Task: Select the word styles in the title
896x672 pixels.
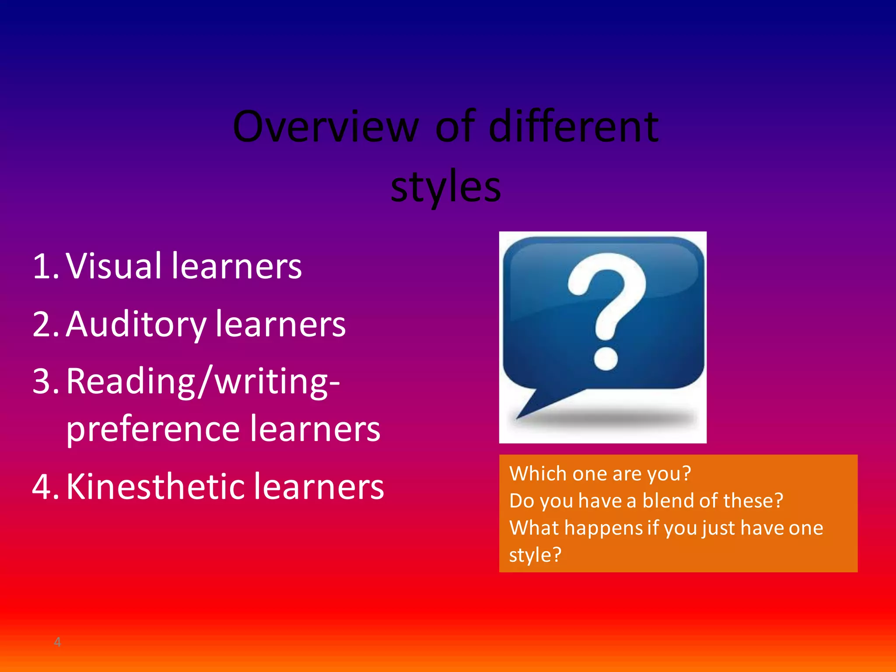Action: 445,187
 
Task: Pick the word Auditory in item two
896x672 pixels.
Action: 136,325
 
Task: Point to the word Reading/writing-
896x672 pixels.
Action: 203,381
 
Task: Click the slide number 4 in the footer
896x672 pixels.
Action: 57,642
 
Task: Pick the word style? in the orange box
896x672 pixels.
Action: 535,555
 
